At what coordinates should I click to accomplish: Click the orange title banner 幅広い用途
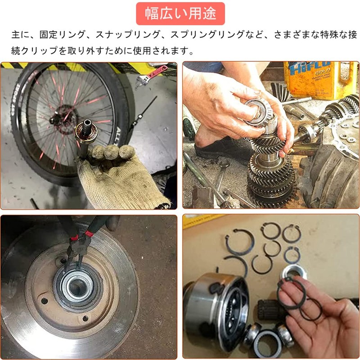180,13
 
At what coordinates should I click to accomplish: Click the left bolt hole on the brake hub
45,300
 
